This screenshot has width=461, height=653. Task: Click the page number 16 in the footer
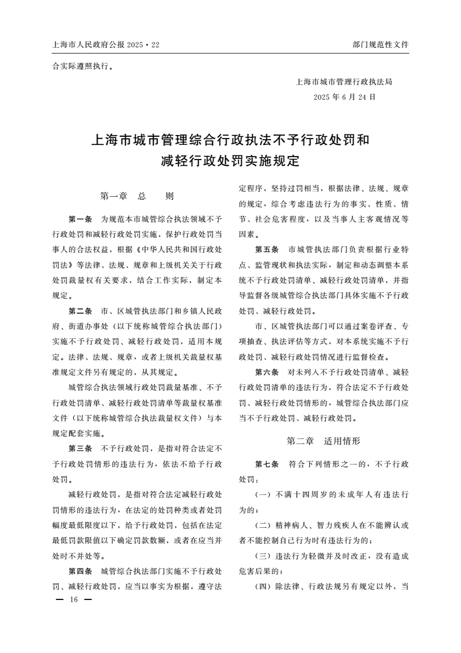(x=73, y=599)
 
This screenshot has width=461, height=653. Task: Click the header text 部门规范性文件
(x=380, y=44)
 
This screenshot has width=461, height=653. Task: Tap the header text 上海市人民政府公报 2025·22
(x=106, y=44)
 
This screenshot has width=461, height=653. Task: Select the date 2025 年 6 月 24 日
(x=344, y=97)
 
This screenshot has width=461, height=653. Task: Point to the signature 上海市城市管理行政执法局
(x=344, y=82)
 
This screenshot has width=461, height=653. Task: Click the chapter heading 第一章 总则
(x=137, y=196)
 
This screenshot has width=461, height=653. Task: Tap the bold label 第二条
(x=80, y=310)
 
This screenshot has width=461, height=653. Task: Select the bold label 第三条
(x=80, y=449)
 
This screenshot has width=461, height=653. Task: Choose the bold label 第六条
(x=267, y=371)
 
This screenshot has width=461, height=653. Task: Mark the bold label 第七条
(x=267, y=464)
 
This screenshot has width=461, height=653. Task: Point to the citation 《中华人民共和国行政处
(x=178, y=250)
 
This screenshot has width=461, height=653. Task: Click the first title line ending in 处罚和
(x=230, y=141)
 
